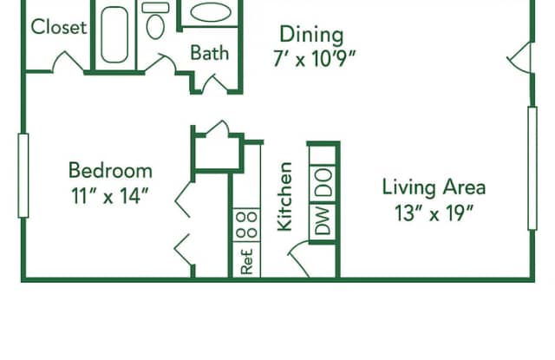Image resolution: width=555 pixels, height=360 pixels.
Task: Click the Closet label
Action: pos(59,27)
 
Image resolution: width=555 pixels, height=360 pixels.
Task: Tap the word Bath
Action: pos(210,52)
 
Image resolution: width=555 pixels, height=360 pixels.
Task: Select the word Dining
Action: pos(310,35)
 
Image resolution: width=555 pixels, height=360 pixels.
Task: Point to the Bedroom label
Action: pos(110,170)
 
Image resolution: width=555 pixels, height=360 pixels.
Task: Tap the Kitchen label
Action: pos(284,196)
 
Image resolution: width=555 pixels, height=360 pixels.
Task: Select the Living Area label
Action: pos(434,187)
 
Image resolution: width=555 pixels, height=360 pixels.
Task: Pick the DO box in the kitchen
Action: pos(323,183)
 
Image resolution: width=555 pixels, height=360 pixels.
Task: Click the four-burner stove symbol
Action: pos(246,223)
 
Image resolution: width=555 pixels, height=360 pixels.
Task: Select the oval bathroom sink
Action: pos(210,13)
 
